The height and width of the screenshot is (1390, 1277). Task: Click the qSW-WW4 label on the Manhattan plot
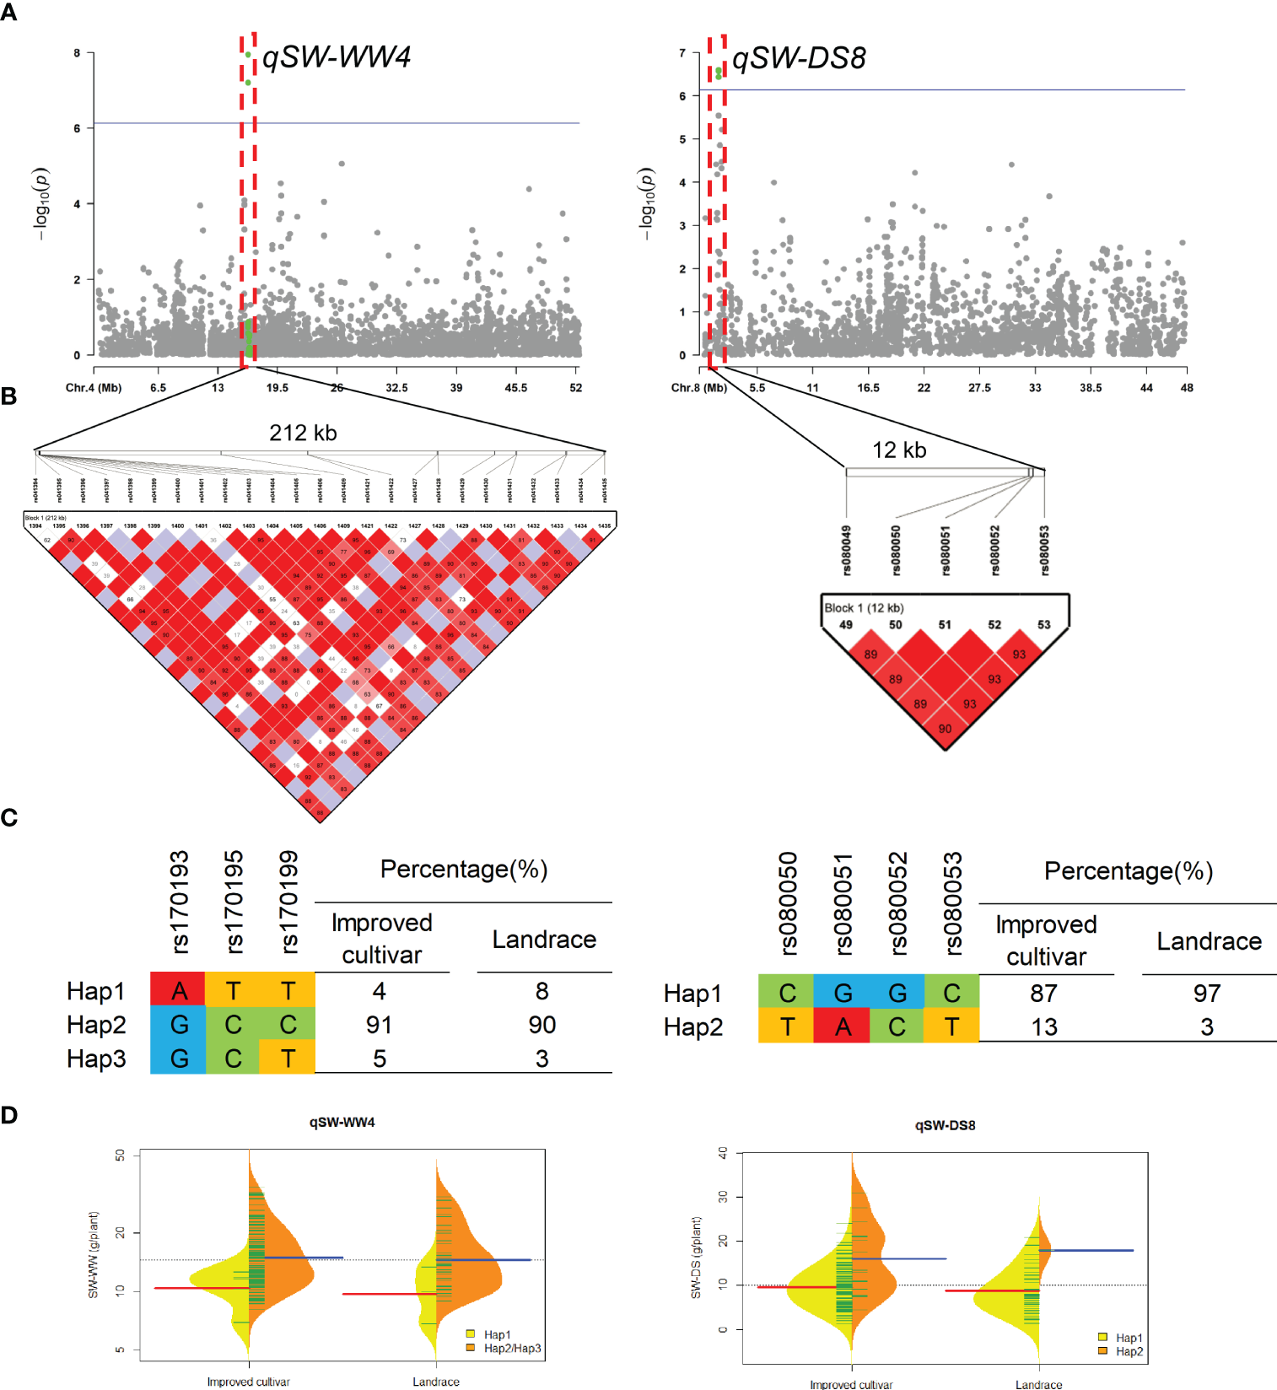pos(336,57)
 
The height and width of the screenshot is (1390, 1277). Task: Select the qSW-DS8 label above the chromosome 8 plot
pos(799,58)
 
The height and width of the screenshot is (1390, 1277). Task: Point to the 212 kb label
pos(303,433)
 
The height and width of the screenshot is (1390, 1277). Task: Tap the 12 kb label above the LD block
pos(899,450)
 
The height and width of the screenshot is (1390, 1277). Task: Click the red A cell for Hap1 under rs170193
pos(178,990)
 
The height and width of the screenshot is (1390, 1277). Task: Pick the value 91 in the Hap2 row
pos(379,1025)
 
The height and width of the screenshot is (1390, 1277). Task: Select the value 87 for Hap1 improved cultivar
pos(1043,994)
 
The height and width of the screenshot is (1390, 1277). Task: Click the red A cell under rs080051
pos(842,1026)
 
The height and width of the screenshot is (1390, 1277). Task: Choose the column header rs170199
pos(288,902)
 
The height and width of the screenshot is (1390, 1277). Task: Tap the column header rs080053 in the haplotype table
pos(952,903)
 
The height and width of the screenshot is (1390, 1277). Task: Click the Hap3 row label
pos(96,1059)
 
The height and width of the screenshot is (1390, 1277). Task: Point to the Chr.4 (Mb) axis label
pos(94,388)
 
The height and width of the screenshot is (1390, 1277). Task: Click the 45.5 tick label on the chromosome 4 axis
pos(515,388)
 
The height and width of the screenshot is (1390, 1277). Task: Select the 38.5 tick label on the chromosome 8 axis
pos(1090,388)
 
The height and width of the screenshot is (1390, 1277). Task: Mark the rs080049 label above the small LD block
pos(847,550)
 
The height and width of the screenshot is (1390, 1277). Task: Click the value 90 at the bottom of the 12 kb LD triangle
pos(945,729)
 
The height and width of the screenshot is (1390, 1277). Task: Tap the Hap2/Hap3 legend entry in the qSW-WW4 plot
pos(512,1348)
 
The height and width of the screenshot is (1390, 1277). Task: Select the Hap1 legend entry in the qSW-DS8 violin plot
pos(1129,1338)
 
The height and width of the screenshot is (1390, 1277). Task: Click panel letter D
pos(9,1115)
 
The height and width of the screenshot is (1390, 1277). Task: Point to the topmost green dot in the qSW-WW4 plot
pos(248,55)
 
